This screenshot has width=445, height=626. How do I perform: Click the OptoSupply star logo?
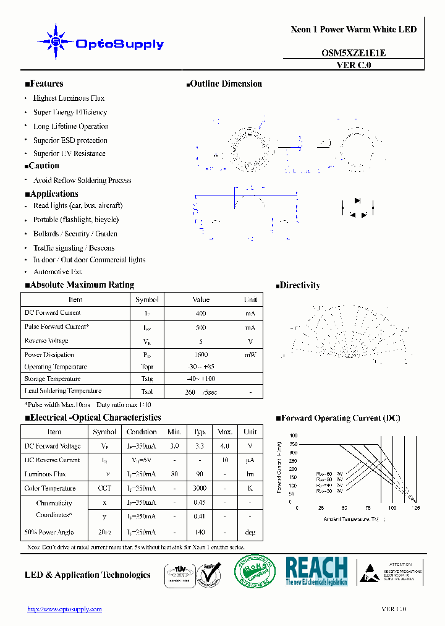coord(56,42)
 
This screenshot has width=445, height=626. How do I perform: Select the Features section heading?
coord(44,84)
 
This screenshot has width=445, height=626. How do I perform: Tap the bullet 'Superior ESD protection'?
coord(70,140)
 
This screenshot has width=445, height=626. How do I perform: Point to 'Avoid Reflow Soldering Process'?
coord(82,181)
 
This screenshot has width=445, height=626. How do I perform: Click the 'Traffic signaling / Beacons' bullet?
coord(73,247)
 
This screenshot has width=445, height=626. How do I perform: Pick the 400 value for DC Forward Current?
coord(201,314)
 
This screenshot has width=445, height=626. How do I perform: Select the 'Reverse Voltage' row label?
coord(46,341)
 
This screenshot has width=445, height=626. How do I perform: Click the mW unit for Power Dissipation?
coord(250,355)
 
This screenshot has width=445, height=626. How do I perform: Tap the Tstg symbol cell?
coord(147,379)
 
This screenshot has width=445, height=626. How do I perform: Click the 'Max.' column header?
coord(225,432)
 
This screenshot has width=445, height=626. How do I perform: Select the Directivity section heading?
coord(297,285)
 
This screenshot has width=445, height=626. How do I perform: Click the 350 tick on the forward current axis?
coord(292,444)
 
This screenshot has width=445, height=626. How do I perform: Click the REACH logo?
coord(316,570)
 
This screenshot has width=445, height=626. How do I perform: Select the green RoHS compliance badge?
coord(255,571)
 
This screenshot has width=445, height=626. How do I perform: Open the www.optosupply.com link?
coord(64,609)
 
